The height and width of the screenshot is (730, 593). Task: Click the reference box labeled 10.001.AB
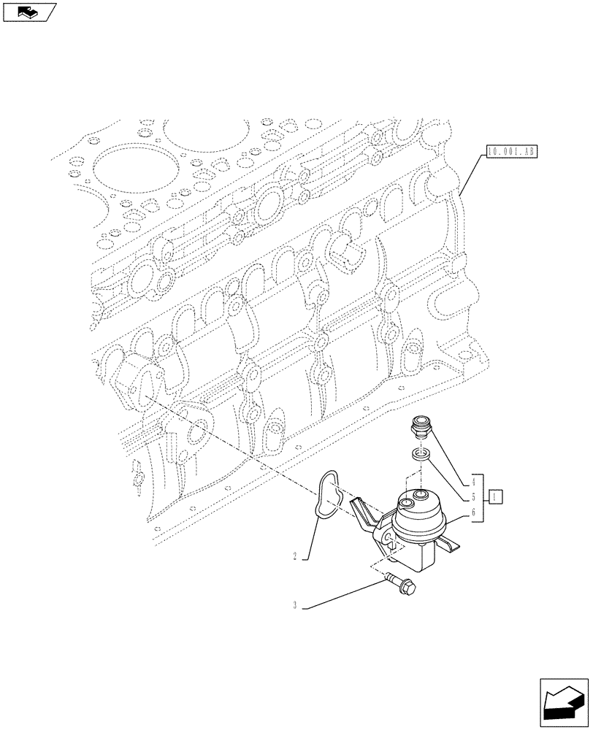click(510, 153)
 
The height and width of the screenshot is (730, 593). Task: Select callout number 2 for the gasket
click(294, 556)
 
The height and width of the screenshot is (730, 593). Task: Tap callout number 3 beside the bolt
click(294, 604)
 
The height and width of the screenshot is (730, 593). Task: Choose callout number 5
click(474, 497)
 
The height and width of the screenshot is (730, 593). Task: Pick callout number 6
click(474, 512)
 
